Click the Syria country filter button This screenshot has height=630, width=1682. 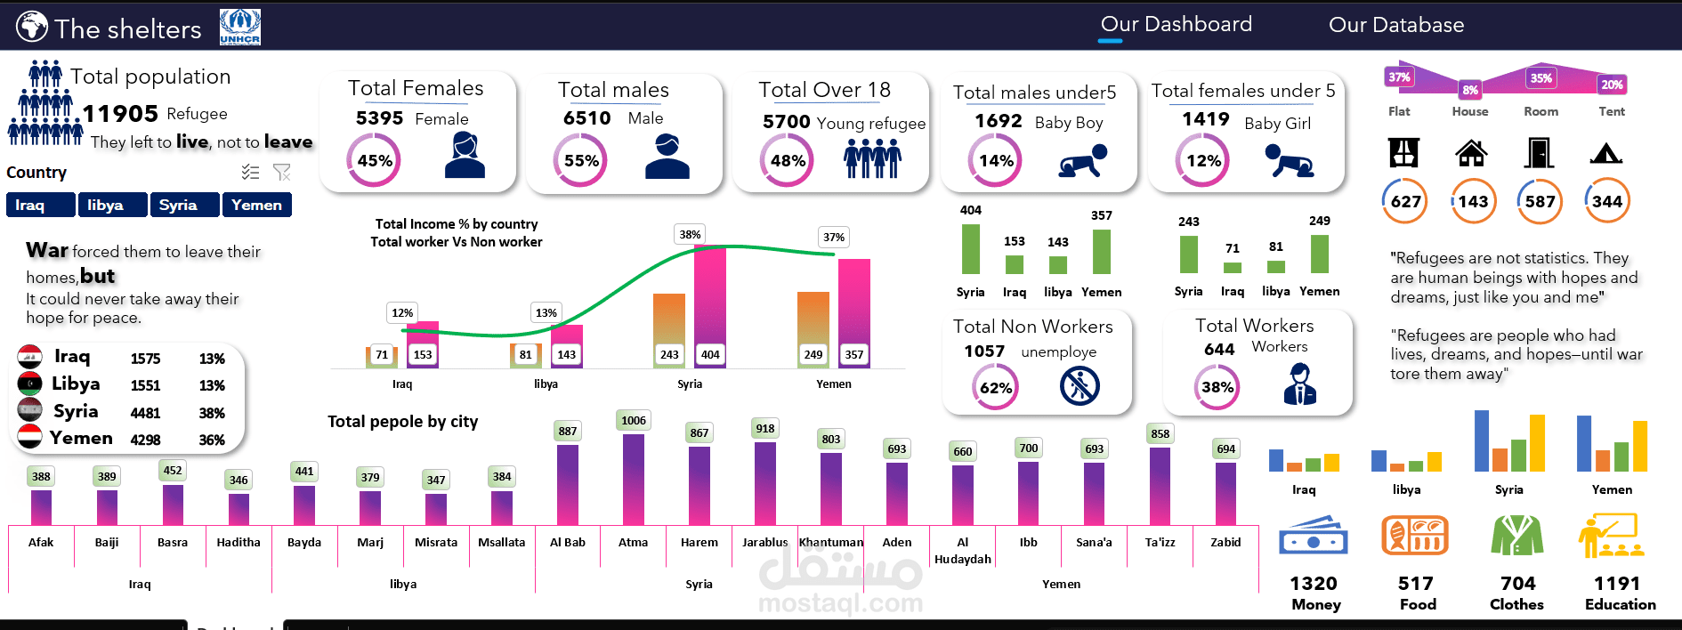(x=185, y=205)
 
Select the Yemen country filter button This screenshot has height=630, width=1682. (x=257, y=205)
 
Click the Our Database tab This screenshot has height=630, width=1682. (x=1396, y=25)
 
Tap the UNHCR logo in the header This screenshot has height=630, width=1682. (x=240, y=27)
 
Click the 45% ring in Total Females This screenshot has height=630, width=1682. (x=374, y=160)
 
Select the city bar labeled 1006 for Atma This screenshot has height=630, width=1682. (x=634, y=479)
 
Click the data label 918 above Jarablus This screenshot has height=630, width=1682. (x=765, y=428)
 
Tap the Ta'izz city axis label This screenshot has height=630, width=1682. (x=1160, y=542)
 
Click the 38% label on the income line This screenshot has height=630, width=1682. (x=690, y=235)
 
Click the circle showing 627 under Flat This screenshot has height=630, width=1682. (x=1405, y=201)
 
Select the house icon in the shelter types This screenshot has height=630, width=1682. (x=1471, y=153)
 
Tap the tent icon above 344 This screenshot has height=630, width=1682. (x=1606, y=154)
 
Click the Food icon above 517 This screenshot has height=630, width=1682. (x=1415, y=536)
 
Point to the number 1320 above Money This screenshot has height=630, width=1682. (x=1314, y=584)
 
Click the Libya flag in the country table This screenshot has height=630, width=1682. (x=29, y=384)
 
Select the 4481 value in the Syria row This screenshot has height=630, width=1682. (x=146, y=413)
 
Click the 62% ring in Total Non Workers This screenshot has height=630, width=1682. (x=995, y=387)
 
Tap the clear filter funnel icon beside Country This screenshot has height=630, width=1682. (x=282, y=172)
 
